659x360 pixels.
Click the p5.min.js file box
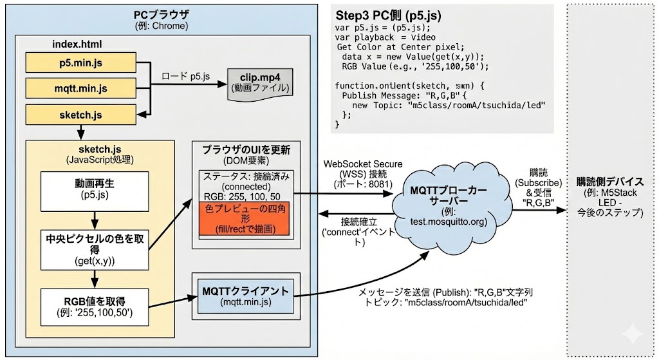80,62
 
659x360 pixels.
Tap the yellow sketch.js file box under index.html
80,115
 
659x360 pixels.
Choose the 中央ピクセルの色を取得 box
93,248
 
